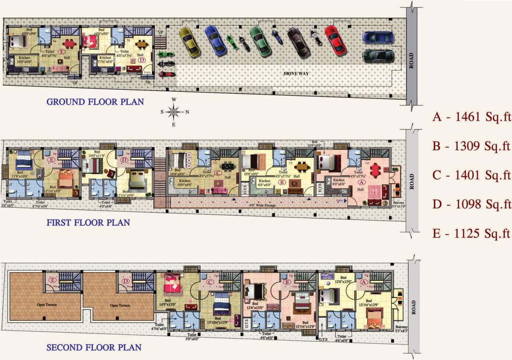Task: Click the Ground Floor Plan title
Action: click(95, 102)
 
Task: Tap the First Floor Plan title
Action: click(88, 223)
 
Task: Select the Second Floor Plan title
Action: click(94, 348)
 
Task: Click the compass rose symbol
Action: click(174, 112)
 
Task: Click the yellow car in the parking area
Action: click(190, 41)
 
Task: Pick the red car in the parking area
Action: click(335, 41)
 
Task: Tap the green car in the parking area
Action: click(258, 41)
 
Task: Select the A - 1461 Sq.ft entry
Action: click(471, 117)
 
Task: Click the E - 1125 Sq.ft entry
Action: click(471, 233)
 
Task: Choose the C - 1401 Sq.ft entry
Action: click(471, 175)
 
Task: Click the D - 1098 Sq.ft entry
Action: click(471, 204)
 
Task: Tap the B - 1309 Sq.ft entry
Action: click(471, 146)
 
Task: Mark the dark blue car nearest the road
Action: click(378, 38)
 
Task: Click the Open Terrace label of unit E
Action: click(47, 305)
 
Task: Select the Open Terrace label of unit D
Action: click(120, 305)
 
